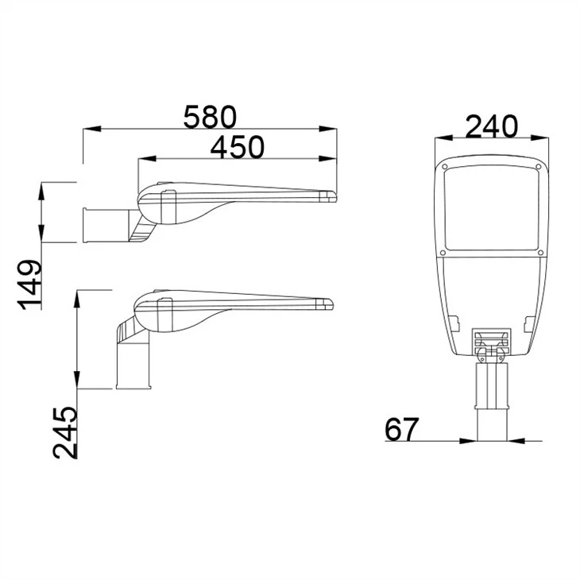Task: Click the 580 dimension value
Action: [210, 117]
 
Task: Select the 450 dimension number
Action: [237, 147]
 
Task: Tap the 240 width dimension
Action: [491, 126]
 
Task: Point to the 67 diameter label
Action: [402, 429]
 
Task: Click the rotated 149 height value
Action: [29, 284]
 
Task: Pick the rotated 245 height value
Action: [65, 433]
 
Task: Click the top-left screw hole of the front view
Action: [445, 166]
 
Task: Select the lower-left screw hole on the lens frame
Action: [443, 253]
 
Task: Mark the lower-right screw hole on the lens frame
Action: [540, 253]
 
